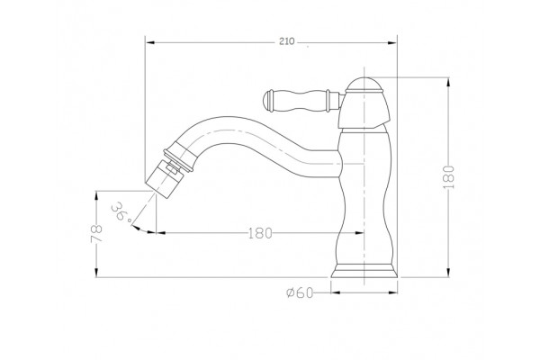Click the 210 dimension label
click(x=286, y=41)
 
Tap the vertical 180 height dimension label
click(x=449, y=177)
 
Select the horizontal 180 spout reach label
click(x=260, y=234)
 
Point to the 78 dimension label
click(x=97, y=234)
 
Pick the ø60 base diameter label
click(x=300, y=292)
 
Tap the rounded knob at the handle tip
click(x=268, y=101)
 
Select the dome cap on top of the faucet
click(x=364, y=85)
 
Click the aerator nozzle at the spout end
click(x=165, y=181)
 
